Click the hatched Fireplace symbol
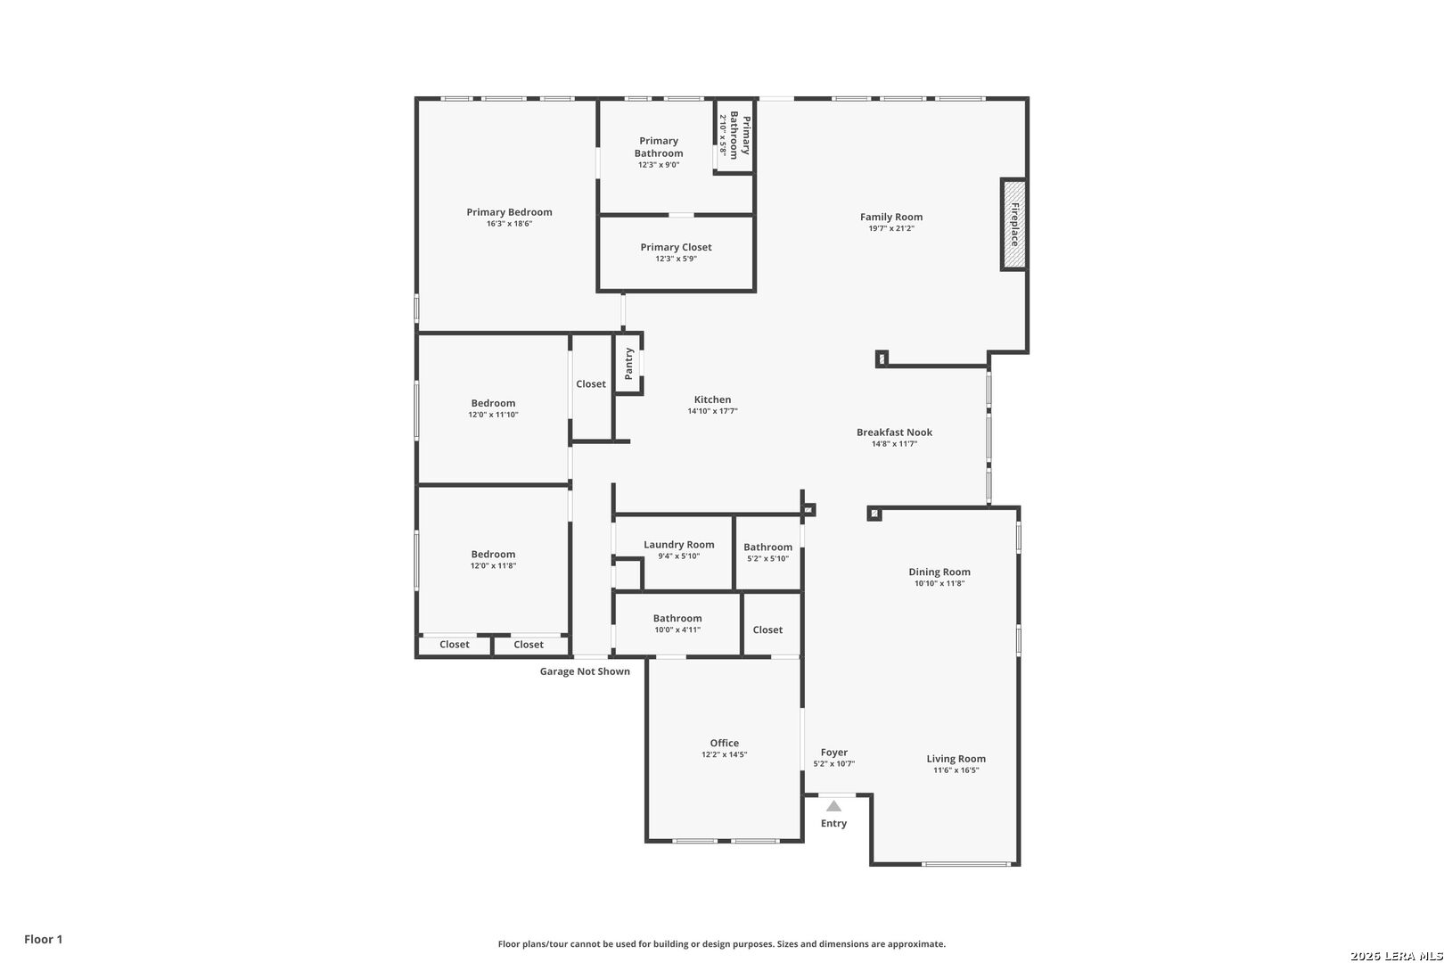[1013, 224]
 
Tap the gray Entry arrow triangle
[833, 806]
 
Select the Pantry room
[628, 363]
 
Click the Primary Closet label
[676, 247]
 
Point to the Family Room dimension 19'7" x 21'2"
[891, 229]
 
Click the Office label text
[724, 743]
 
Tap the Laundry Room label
[678, 544]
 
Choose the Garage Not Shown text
[585, 671]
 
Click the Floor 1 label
[44, 939]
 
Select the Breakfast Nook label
[894, 432]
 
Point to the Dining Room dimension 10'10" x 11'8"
[939, 584]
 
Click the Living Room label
[956, 759]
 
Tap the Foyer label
[834, 752]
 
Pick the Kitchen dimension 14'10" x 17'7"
[712, 412]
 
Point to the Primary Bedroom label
[509, 212]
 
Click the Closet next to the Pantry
[590, 384]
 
